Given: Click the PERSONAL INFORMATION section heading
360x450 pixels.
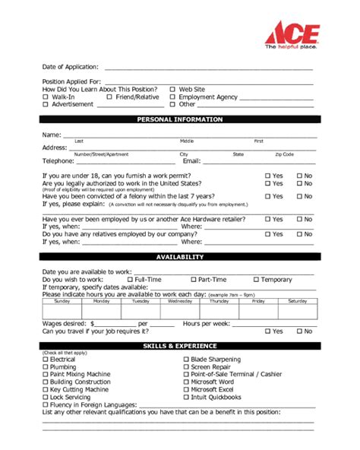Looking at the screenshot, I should tap(179, 120).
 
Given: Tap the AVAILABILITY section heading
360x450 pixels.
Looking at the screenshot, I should tap(179, 257).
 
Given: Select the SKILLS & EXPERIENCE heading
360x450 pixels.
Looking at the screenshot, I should tap(179, 346).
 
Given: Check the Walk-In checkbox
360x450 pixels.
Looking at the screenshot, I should tap(46, 97).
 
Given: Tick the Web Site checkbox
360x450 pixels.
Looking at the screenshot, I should tap(172, 89).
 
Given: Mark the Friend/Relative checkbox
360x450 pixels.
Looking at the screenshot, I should tap(109, 97).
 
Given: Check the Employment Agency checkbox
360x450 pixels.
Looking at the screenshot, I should tap(172, 97).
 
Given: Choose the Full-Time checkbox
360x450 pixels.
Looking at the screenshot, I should tap(129, 280).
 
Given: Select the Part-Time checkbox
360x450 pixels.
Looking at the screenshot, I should tap(193, 280).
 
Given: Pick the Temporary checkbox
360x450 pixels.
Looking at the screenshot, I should tap(256, 280).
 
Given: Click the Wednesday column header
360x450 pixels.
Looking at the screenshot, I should tap(179, 302).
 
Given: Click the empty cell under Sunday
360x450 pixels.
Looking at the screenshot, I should tap(62, 312).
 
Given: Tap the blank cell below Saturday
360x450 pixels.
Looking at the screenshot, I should tap(297, 312).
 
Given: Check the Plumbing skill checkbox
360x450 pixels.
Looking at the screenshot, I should tap(45, 366).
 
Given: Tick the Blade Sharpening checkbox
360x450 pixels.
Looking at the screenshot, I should tap(186, 359).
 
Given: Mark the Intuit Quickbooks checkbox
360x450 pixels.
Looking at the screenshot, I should tap(186, 397).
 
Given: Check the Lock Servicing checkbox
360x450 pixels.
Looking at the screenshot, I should tap(45, 397).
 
